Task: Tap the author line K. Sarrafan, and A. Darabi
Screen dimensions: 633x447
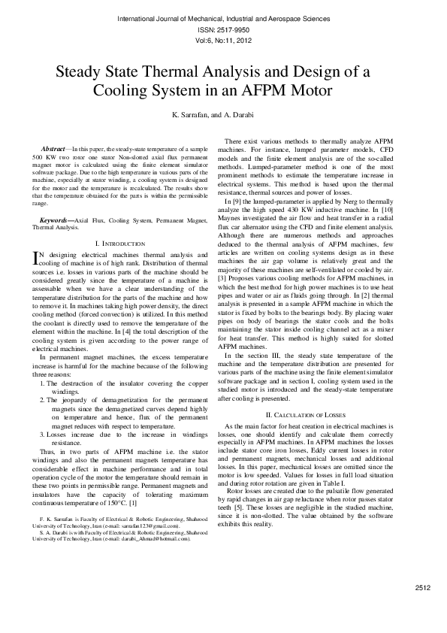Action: click(223, 115)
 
